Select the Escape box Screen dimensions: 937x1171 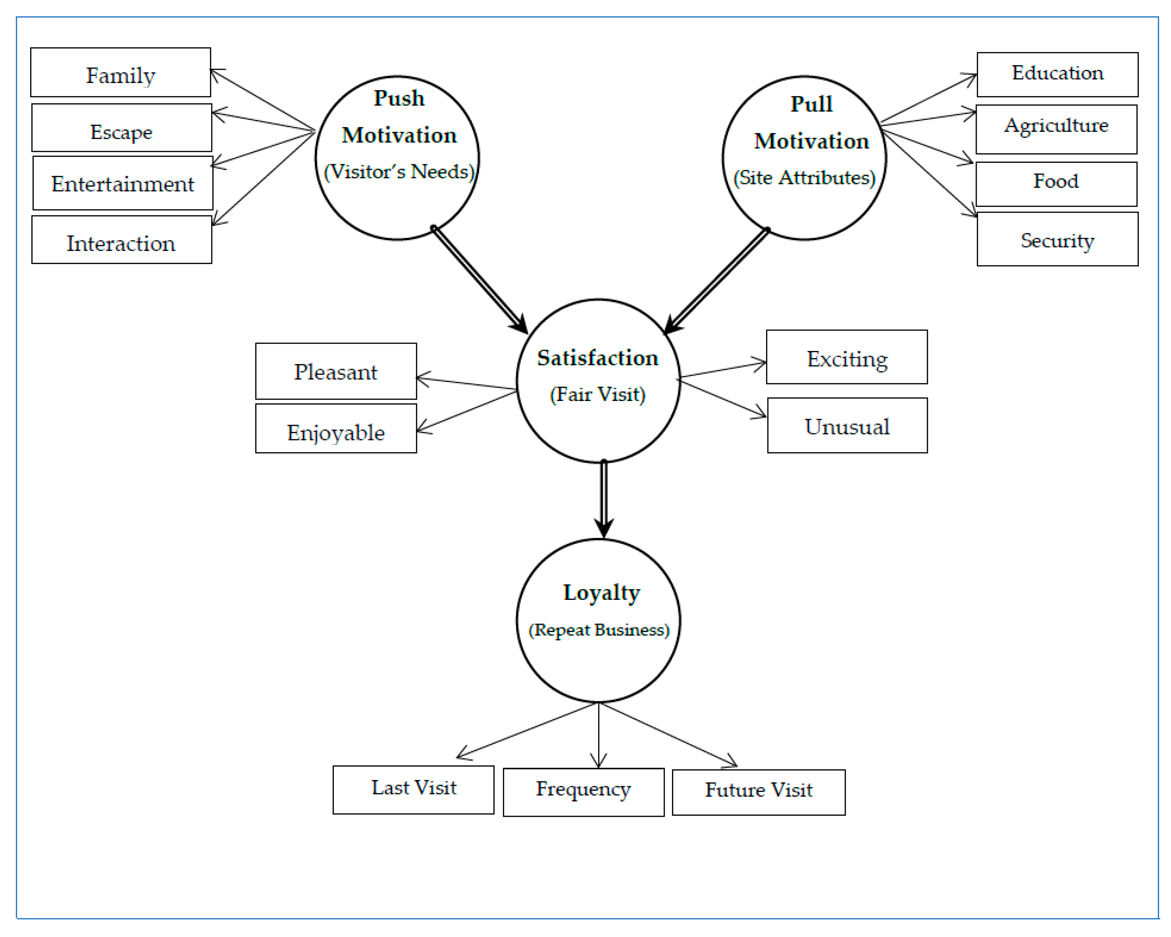tap(121, 128)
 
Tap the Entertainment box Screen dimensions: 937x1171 tap(123, 183)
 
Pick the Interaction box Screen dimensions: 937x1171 tap(121, 240)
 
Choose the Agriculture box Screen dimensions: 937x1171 tap(1056, 130)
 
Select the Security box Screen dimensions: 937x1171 tap(1057, 239)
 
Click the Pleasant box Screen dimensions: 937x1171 tap(336, 372)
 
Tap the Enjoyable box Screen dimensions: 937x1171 tap(336, 429)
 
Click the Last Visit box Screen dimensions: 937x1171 tap(413, 790)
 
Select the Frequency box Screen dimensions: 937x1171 tap(583, 792)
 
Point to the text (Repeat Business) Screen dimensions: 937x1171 tap(599, 630)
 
